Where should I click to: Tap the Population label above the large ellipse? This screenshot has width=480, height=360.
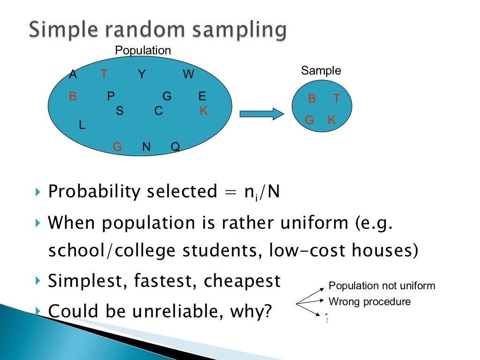coord(143,51)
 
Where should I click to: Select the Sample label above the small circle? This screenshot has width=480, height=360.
coord(321,71)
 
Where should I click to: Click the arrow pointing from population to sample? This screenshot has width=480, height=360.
coord(262,114)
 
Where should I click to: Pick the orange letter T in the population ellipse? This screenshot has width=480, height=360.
coord(104,74)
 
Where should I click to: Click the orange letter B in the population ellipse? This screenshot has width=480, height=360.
coord(73,97)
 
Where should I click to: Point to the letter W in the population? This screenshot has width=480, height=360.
coord(188,74)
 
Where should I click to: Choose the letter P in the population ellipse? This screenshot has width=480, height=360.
coord(111,97)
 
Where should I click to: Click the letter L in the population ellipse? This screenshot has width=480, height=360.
coord(82,125)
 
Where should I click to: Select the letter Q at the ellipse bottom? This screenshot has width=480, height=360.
coord(175,147)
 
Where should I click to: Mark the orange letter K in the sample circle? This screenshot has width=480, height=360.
coord(332,120)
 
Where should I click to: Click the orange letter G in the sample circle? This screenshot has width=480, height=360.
coord(309,120)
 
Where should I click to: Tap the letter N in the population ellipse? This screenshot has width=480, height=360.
coord(146,147)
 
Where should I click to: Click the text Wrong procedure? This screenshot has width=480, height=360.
coord(369,301)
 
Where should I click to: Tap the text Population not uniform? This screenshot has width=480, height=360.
coord(382,285)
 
